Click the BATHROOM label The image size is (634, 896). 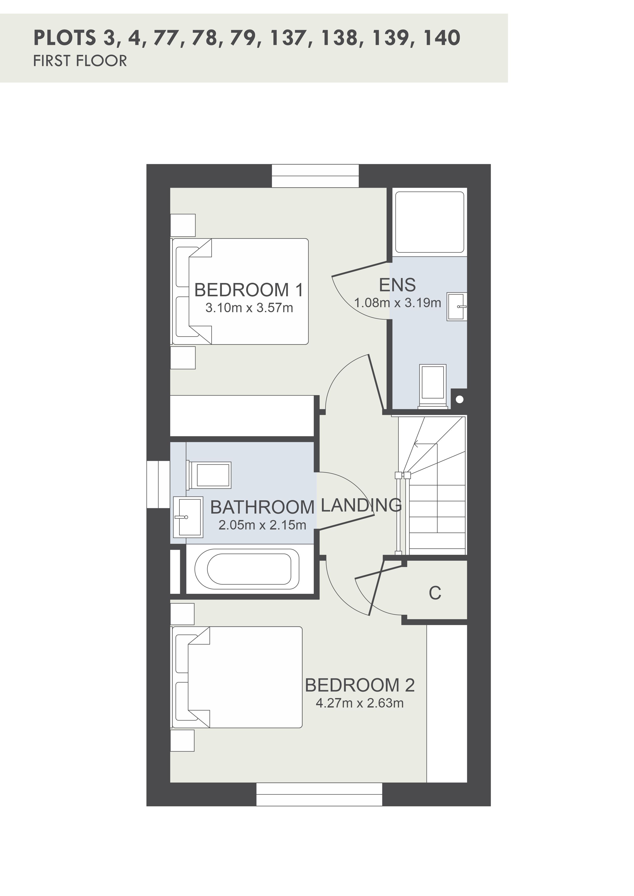tap(262, 507)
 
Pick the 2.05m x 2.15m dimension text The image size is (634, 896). tap(262, 525)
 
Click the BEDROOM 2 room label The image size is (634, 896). tap(360, 686)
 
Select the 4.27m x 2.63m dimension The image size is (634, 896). tap(360, 703)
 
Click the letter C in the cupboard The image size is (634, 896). tap(435, 593)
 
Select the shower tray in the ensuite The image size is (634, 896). tap(429, 222)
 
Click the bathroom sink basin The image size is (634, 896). tap(188, 517)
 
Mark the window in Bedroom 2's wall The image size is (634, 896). tap(319, 795)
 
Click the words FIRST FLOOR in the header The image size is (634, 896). tap(80, 61)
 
